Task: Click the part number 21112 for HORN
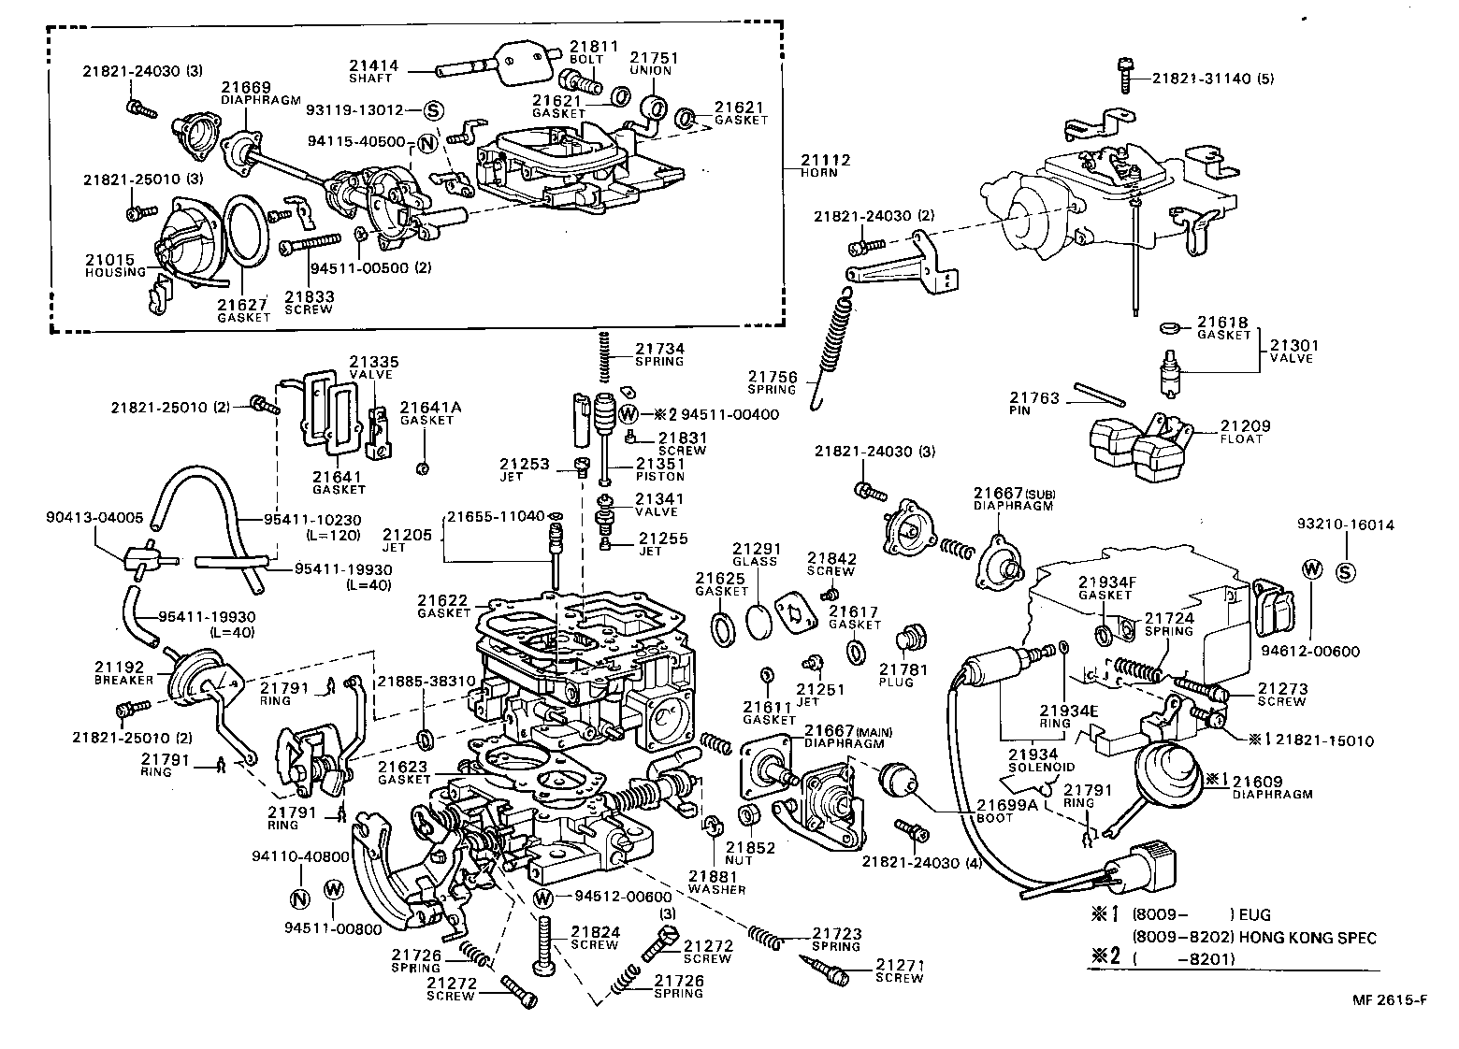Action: coord(825,160)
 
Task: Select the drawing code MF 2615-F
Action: coord(1389,999)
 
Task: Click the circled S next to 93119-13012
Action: coord(433,110)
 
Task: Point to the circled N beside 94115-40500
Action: coord(427,143)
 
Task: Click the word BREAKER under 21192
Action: coord(117,680)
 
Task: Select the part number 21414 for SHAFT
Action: coord(374,66)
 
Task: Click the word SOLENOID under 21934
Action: coord(1032,768)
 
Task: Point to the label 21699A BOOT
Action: coord(1007,810)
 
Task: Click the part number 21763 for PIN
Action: coord(1033,398)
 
